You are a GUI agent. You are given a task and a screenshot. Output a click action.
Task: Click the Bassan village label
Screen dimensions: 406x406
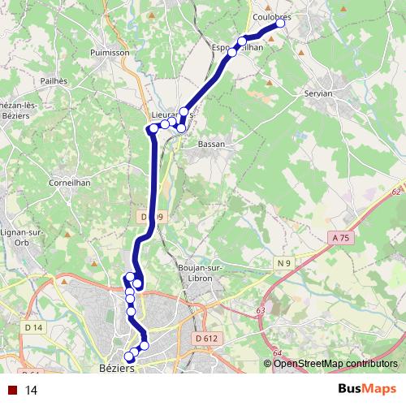click(211, 144)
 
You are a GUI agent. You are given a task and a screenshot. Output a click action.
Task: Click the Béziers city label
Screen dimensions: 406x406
click(116, 367)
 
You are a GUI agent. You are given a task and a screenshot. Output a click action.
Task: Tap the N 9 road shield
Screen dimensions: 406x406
click(283, 264)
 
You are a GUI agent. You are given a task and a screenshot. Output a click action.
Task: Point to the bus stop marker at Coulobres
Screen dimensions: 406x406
click(281, 24)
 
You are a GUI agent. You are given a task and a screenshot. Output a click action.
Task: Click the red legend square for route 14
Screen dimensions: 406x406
click(12, 390)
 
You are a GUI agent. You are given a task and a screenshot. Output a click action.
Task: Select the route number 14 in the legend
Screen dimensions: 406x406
click(32, 390)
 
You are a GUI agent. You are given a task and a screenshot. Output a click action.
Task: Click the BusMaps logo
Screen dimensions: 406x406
click(367, 389)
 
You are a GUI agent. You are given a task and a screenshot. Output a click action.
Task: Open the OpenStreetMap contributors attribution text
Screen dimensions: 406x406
click(335, 363)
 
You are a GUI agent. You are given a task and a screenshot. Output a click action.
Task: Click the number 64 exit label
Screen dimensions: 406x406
click(277, 352)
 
